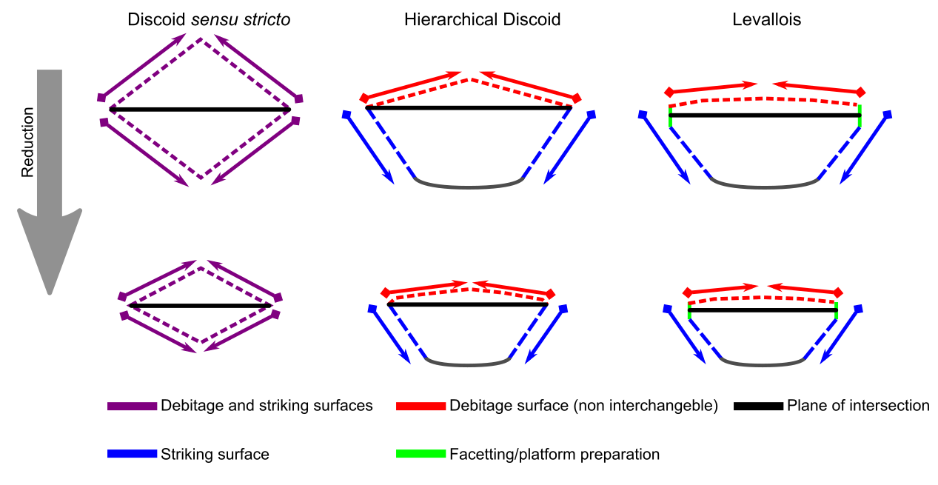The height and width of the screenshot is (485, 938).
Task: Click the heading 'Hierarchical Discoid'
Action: pos(482,20)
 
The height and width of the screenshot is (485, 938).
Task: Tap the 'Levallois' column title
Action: pos(766,20)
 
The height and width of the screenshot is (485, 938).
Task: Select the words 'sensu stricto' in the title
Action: pos(241,20)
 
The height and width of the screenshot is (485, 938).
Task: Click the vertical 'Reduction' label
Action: pos(28,142)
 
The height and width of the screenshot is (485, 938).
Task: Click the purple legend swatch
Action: pos(132,406)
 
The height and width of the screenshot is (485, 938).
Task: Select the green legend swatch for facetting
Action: pos(421,454)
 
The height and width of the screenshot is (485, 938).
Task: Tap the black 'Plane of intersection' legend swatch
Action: pos(758,406)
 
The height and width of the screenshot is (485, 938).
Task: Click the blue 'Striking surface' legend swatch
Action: pos(132,454)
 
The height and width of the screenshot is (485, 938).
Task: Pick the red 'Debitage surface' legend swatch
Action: pos(421,406)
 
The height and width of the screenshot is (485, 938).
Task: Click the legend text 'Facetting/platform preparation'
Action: pos(555,454)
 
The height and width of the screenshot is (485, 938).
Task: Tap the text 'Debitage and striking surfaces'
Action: pos(267,406)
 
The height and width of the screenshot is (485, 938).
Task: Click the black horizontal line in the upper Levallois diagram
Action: pos(765,116)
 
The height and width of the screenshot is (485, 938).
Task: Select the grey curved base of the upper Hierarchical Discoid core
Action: pos(469,186)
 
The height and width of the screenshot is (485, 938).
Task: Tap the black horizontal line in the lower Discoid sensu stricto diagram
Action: pos(200,306)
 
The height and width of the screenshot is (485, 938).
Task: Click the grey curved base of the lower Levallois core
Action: pos(763,364)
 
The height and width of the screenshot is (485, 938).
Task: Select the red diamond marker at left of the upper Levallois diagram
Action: pos(669,92)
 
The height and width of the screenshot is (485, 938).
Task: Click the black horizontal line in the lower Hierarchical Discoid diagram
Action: pos(468,304)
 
